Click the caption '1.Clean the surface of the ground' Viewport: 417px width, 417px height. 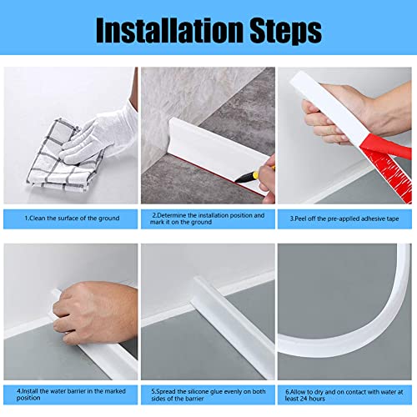click(71, 219)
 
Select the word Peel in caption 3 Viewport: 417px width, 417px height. click(305, 219)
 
